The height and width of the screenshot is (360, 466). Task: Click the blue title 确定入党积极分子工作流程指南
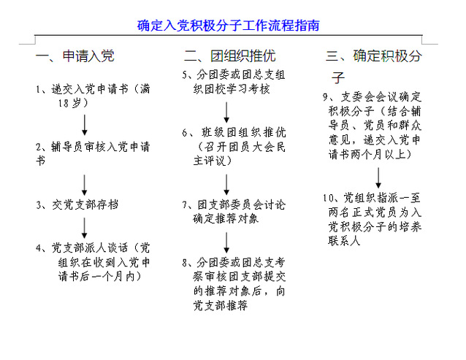tap(228, 26)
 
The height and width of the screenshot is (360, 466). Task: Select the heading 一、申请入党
tap(75, 55)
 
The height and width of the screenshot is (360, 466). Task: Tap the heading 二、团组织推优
tap(230, 55)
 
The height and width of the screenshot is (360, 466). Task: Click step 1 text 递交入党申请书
tap(90, 89)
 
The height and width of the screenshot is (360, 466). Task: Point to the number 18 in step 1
tap(64, 103)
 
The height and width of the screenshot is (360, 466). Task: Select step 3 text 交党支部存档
tap(85, 204)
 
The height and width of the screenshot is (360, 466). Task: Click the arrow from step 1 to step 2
tap(85, 125)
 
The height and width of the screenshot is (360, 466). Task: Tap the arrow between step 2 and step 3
tap(85, 185)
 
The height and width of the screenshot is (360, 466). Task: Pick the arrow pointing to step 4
tap(85, 228)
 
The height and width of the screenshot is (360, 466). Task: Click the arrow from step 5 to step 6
tap(226, 112)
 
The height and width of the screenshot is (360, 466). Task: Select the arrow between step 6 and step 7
tap(226, 185)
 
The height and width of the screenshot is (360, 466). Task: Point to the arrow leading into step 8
tap(226, 242)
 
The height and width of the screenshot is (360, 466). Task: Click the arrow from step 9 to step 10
tap(378, 177)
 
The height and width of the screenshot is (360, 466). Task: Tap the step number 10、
tap(332, 198)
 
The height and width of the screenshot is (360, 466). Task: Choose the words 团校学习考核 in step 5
tap(232, 89)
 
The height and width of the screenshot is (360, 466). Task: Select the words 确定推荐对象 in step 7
tap(226, 219)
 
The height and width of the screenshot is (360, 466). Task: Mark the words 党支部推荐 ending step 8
tap(221, 306)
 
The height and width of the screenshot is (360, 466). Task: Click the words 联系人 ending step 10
tap(344, 240)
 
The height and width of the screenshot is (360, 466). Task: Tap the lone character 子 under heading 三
tap(338, 77)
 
